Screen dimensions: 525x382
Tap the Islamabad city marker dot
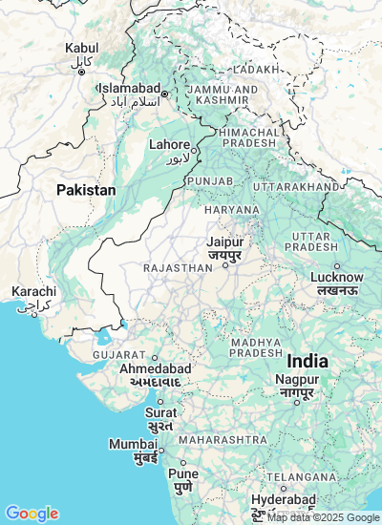click(x=164, y=94)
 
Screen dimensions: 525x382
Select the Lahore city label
click(x=170, y=145)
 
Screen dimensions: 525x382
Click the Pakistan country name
click(x=86, y=190)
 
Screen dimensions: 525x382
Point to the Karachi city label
click(x=33, y=291)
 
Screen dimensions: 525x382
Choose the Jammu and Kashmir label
click(x=223, y=94)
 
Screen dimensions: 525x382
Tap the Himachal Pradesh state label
click(x=248, y=136)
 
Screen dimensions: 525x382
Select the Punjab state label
click(x=209, y=180)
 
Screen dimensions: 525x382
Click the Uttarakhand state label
click(x=296, y=186)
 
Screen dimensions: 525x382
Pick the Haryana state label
click(x=231, y=209)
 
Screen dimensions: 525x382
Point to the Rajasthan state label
click(x=178, y=269)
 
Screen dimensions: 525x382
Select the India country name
click(x=308, y=362)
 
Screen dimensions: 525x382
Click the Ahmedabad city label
click(x=156, y=368)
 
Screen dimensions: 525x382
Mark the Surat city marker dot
click(x=160, y=401)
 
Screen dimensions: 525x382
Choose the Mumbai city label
click(x=133, y=445)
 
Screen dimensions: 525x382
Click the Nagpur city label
click(x=297, y=380)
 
